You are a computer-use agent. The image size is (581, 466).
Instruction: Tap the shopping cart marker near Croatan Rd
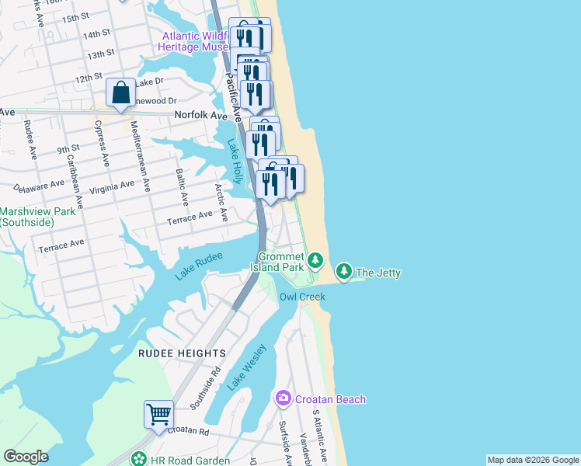click(x=158, y=414)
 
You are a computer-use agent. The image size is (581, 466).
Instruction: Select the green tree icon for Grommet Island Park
click(x=315, y=259)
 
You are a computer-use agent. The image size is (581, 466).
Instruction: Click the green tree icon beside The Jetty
click(x=343, y=271)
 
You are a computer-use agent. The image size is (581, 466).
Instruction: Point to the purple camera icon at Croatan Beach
click(x=283, y=398)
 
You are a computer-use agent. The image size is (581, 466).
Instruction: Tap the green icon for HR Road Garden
click(x=139, y=460)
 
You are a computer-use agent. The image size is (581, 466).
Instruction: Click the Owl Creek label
click(x=302, y=297)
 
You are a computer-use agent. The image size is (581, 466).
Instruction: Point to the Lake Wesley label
click(x=247, y=367)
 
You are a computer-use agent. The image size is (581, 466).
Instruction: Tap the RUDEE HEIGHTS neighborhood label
click(x=182, y=353)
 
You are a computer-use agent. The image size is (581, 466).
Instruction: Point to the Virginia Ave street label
click(x=111, y=187)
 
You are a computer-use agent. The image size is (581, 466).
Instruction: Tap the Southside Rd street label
click(x=206, y=389)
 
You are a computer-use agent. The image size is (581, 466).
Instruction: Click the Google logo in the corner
click(x=26, y=457)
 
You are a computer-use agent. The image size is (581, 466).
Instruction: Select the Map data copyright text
click(x=532, y=460)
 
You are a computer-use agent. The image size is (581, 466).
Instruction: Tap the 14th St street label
click(x=98, y=34)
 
